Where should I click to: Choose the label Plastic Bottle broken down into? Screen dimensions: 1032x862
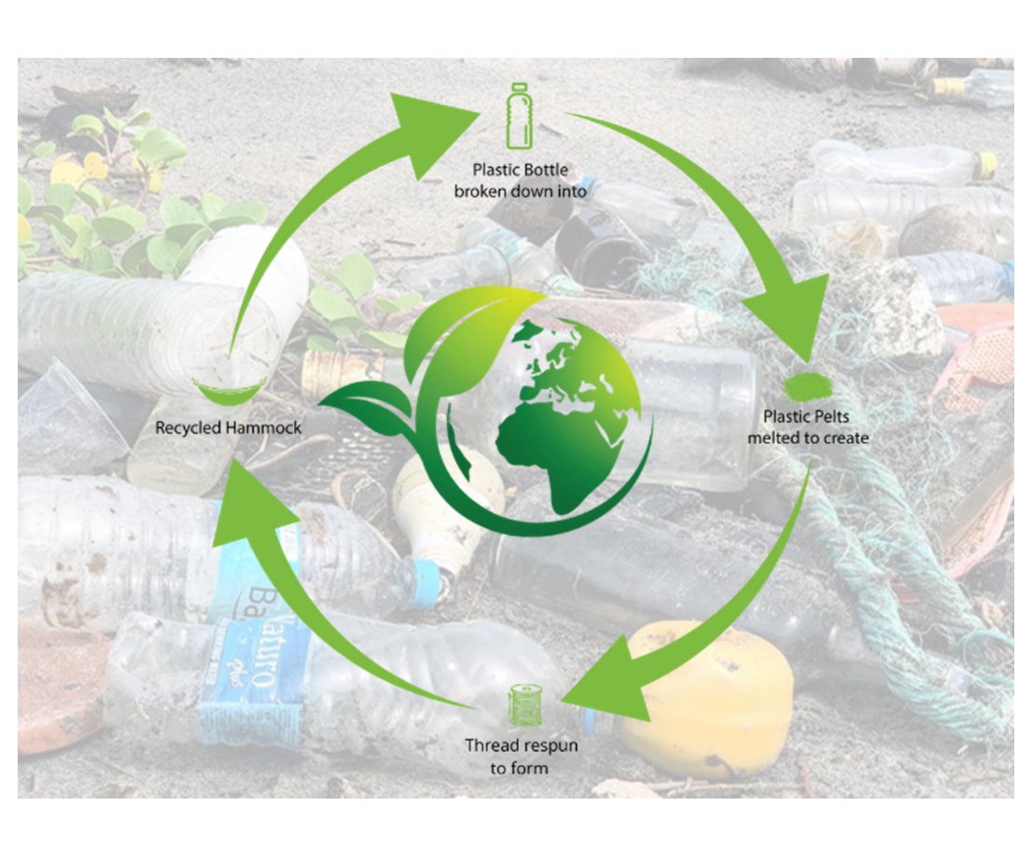pyautogui.click(x=520, y=181)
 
